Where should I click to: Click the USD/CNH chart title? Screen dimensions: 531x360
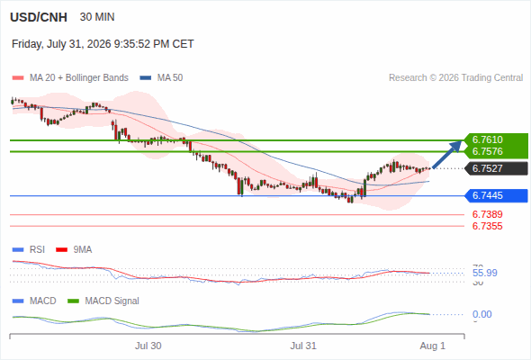click(39, 17)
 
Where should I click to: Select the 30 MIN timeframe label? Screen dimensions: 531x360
click(97, 17)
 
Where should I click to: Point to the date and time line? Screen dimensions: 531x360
click(103, 44)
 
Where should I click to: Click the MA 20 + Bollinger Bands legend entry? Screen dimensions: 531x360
click(70, 78)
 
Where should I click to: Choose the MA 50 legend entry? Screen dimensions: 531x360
click(161, 78)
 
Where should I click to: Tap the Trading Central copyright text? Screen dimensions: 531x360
click(455, 78)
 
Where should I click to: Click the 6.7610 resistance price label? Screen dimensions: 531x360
click(488, 139)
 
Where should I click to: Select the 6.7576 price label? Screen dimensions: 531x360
click(488, 151)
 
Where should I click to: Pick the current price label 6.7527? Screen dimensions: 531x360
click(488, 168)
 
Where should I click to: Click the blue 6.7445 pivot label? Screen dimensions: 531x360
click(488, 195)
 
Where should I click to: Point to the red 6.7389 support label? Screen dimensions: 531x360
click(488, 214)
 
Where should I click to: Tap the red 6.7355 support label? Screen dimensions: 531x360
click(488, 226)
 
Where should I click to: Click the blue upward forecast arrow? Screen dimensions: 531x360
click(446, 155)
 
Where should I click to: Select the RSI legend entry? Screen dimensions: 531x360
click(29, 250)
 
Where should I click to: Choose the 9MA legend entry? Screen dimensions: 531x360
click(74, 250)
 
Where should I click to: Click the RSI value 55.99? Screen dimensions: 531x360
click(485, 273)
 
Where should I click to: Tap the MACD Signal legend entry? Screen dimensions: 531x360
click(103, 301)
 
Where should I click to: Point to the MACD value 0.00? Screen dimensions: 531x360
click(482, 314)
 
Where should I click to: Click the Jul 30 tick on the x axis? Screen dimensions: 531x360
click(148, 346)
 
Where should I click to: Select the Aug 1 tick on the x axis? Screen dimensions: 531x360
click(433, 346)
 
